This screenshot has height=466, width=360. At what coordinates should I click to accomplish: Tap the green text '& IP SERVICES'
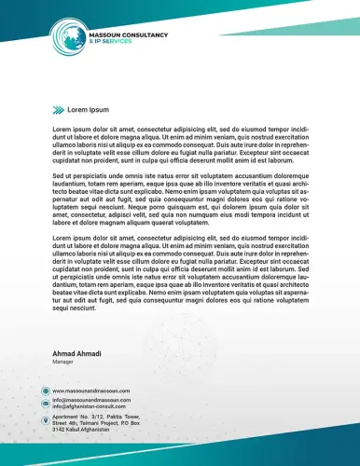tap(108, 41)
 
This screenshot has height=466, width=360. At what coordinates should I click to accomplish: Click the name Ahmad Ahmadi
tap(77, 355)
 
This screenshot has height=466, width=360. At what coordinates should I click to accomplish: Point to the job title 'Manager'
tap(62, 363)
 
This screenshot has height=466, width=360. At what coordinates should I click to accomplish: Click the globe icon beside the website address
tap(45, 391)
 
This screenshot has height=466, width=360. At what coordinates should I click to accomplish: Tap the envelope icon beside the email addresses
tap(45, 404)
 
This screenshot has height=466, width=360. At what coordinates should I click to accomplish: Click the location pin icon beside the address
tap(45, 420)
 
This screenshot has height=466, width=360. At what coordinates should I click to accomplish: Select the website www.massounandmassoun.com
tap(91, 391)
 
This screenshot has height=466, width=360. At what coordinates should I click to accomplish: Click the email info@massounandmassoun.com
tap(91, 400)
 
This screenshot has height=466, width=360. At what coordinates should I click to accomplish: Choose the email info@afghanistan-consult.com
tap(90, 406)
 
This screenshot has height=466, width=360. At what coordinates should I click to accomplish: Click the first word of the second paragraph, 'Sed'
tap(57, 176)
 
